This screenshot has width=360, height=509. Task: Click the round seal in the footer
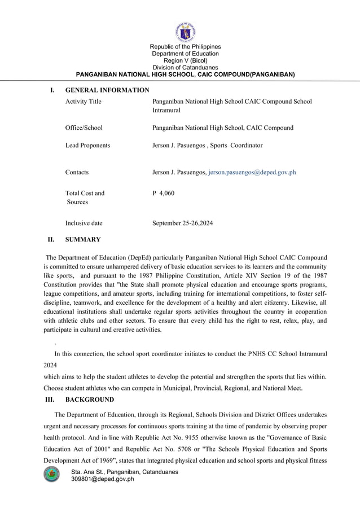coord(52,475)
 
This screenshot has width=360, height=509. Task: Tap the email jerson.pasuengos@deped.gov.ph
coord(252,172)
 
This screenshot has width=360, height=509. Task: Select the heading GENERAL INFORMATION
coord(107,90)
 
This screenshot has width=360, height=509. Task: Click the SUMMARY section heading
coord(83,239)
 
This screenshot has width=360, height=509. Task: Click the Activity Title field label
coord(84,102)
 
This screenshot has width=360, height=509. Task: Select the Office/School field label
coord(84,128)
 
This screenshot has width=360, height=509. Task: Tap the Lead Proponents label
coord(87,145)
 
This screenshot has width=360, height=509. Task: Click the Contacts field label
coord(77,172)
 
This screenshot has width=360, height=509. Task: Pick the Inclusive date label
coord(84,223)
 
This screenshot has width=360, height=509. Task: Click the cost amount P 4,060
coord(164,193)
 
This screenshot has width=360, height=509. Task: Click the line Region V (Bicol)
coord(185,60)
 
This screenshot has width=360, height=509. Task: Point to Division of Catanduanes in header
coord(185,67)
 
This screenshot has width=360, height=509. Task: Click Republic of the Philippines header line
coord(185,46)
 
